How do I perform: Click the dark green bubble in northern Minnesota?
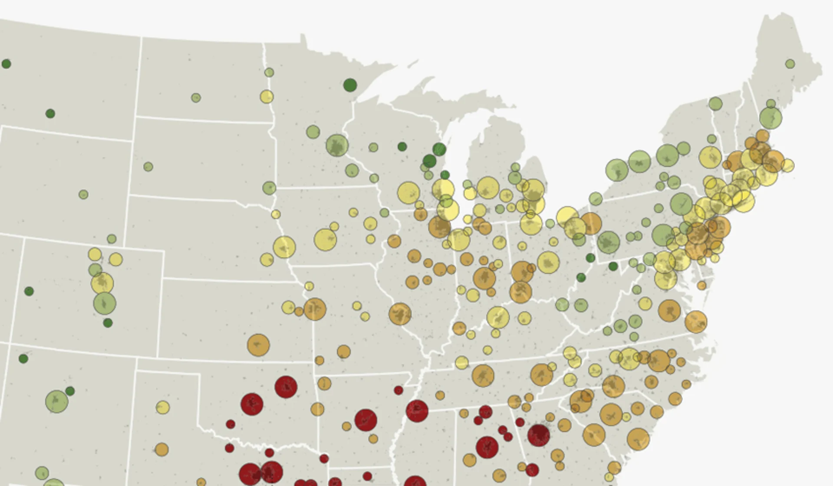350,85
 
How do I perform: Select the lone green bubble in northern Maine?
790,64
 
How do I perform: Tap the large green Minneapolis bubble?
337,145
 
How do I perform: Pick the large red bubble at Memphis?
417,410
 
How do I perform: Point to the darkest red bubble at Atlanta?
539,435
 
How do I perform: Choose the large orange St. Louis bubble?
400,314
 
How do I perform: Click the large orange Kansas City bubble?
315,309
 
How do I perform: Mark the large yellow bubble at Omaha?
284,247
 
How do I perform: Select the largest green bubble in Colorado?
105,303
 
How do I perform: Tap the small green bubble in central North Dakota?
196,98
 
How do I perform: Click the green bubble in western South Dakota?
148,167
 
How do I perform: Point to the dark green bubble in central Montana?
50,114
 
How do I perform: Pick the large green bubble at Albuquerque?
56,401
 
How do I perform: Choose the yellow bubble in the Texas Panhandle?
163,407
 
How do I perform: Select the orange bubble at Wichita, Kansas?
258,345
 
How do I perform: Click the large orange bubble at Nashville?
483,375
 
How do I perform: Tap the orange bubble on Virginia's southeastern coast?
696,322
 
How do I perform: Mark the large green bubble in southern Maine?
770,118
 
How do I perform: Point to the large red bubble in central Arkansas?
365,420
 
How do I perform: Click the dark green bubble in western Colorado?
29,291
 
